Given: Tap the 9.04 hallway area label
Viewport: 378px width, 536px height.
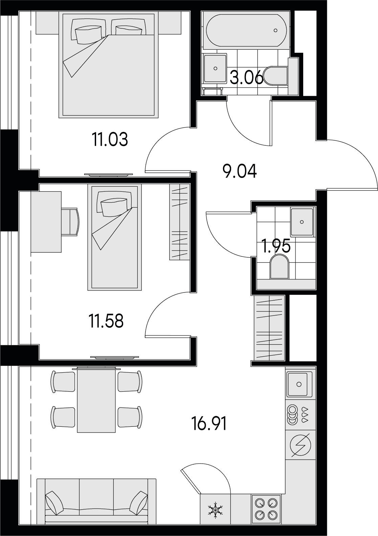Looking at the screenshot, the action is [x=239, y=171].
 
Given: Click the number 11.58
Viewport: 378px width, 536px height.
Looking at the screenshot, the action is [x=106, y=321].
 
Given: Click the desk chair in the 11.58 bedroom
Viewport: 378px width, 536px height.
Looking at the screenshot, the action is [x=70, y=222].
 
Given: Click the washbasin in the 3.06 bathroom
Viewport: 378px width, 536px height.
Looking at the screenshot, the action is [x=215, y=68].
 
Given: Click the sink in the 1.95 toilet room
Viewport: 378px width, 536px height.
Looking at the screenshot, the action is [x=302, y=222].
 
